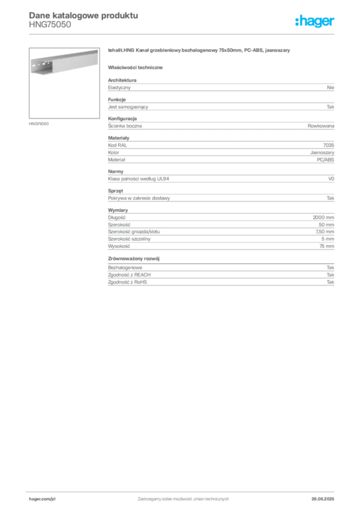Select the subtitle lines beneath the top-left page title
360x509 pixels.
(49, 27)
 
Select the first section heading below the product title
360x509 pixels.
(137, 67)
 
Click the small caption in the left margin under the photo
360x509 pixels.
(39, 123)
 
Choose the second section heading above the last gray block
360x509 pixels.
(135, 258)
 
